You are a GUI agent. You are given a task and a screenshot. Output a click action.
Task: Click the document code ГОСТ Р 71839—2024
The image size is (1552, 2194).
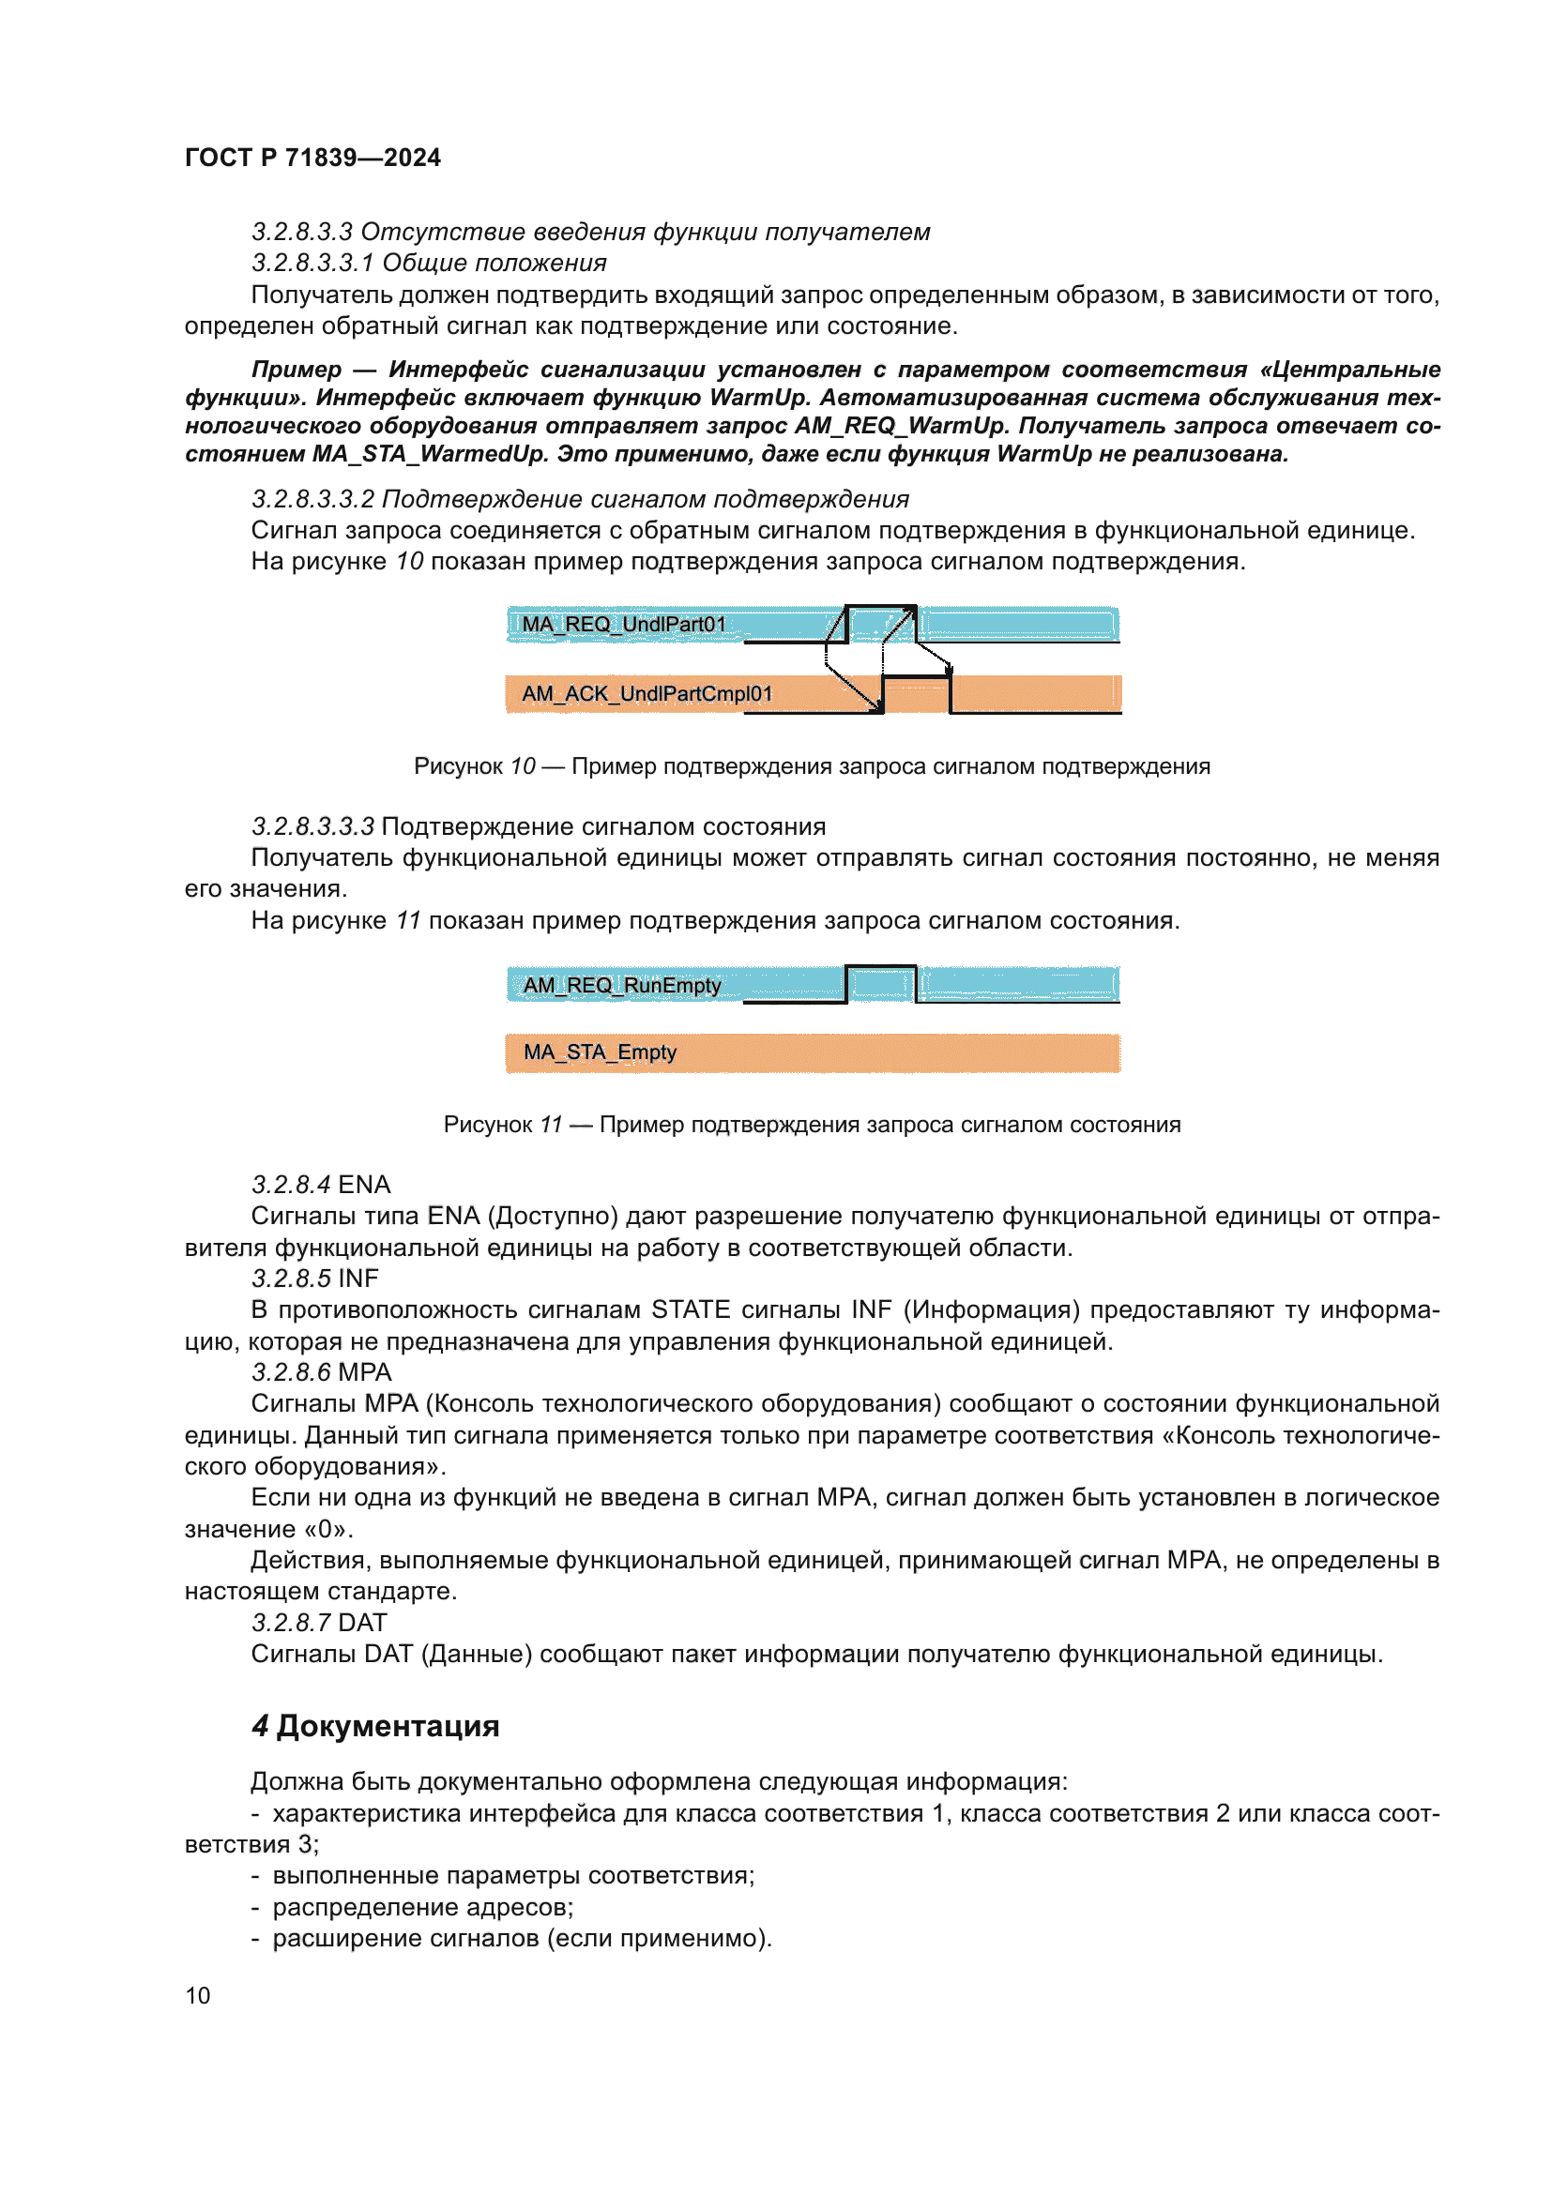[x=312, y=158]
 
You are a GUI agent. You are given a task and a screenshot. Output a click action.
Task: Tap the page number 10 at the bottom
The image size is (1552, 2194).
[x=198, y=1995]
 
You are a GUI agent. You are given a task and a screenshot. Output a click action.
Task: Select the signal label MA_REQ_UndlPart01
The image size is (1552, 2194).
[x=623, y=625]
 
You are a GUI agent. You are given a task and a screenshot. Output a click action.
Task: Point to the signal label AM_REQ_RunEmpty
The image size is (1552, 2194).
[x=621, y=985]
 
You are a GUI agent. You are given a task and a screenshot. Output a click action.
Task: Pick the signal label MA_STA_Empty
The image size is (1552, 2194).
[x=600, y=1052]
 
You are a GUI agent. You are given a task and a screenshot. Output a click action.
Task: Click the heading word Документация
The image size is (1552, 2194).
[x=388, y=1726]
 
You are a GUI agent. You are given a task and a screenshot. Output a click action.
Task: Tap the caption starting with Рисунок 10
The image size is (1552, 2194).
[x=812, y=766]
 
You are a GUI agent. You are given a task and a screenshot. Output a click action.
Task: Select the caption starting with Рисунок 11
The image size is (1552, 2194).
[x=812, y=1125]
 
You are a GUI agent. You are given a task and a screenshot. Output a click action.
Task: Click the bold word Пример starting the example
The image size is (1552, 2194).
[x=297, y=370]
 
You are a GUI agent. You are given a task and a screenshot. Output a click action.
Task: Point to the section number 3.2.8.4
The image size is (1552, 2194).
[x=291, y=1185]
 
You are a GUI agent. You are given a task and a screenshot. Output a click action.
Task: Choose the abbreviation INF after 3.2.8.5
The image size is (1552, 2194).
[x=358, y=1279]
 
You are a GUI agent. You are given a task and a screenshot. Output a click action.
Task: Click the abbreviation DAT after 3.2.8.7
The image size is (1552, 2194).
[x=362, y=1623]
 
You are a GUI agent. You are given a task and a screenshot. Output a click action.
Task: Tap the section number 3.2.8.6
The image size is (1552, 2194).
[x=291, y=1372]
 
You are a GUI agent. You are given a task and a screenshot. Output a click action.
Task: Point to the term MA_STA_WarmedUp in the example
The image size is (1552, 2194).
[x=430, y=454]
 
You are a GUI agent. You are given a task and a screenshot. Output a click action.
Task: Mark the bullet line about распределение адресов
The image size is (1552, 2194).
[x=422, y=1907]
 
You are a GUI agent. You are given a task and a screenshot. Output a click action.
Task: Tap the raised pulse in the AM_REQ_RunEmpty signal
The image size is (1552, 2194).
[x=880, y=983]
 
